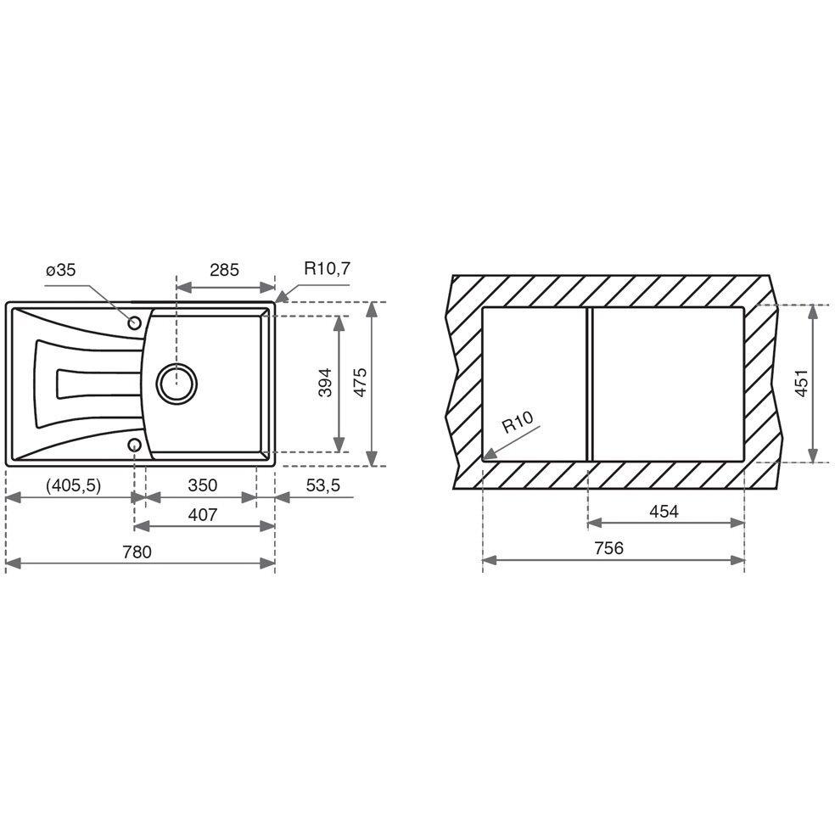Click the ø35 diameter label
(x=61, y=271)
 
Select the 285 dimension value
(x=224, y=271)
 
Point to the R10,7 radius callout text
(x=327, y=268)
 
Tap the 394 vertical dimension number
(x=325, y=383)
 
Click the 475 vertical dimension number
(x=361, y=383)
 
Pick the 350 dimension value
(x=202, y=485)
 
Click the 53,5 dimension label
(x=322, y=485)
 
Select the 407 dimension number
(x=202, y=515)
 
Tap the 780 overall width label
(x=137, y=552)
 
